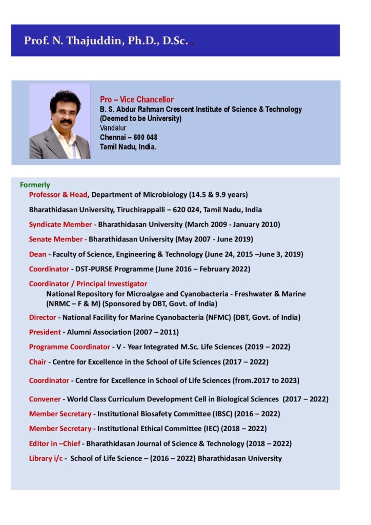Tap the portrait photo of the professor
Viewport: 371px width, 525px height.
(60, 121)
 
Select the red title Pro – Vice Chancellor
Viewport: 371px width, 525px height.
(137, 99)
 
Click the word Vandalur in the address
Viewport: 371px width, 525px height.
(113, 128)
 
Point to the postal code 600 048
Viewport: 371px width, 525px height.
(145, 137)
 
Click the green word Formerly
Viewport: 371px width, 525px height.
(35, 185)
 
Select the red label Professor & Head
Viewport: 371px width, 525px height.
(58, 194)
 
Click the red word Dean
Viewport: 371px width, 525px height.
(37, 254)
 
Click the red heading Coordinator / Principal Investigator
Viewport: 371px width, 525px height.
(88, 284)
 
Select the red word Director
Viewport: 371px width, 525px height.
(43, 317)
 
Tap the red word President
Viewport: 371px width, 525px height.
(45, 332)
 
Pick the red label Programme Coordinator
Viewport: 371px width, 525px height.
(69, 347)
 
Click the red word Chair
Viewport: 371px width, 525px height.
(37, 361)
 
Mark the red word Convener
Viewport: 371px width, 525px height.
(45, 399)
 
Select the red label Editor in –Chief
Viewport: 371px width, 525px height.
(55, 443)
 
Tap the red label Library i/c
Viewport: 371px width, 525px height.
(46, 458)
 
